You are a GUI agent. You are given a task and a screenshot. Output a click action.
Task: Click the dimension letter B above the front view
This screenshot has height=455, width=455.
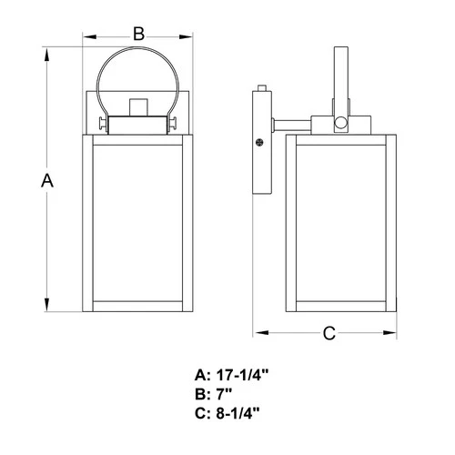click(138, 34)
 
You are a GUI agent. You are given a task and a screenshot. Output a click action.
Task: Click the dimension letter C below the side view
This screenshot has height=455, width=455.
click(329, 333)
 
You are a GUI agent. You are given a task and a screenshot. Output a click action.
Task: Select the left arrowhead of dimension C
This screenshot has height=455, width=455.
click(256, 333)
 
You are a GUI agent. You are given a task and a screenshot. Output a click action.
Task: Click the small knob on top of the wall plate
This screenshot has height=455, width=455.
click(262, 89)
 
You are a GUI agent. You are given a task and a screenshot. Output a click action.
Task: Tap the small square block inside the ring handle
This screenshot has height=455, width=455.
click(137, 107)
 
